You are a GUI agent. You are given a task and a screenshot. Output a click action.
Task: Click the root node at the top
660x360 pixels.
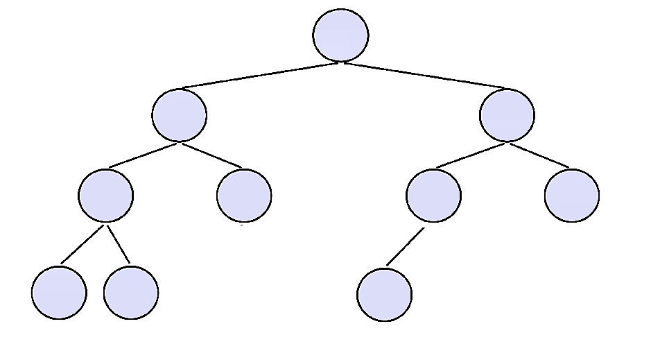pos(340,35)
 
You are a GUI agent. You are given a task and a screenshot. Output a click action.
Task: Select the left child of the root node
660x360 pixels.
pos(180,115)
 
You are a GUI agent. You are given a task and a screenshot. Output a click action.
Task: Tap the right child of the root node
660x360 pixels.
pos(507,115)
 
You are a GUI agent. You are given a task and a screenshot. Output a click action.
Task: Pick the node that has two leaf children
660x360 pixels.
pos(105,196)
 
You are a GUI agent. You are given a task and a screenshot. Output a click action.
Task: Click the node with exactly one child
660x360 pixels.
pos(433,196)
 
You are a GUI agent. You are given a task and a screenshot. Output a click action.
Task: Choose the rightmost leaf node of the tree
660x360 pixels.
pos(572,196)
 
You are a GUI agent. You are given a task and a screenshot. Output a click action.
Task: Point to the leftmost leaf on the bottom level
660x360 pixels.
pos(59,292)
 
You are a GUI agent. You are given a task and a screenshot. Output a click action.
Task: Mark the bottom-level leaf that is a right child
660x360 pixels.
pos(131,292)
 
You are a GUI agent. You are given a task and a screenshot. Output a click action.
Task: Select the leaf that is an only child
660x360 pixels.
pos(385,294)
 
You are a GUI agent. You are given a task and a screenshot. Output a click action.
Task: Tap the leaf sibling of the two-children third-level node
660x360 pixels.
pos(244,196)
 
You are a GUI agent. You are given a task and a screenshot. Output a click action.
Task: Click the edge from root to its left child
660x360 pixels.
pos(260,76)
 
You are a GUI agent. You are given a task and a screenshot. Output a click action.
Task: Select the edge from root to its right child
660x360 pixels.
pos(424,76)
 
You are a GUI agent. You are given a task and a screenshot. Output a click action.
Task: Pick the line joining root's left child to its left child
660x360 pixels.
pos(144,155)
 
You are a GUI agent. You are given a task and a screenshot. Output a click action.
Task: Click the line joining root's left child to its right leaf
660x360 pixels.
pos(211,155)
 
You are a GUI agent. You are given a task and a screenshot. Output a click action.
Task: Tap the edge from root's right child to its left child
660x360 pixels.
pos(471,155)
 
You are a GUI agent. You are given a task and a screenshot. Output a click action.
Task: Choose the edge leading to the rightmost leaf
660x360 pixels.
pos(539,155)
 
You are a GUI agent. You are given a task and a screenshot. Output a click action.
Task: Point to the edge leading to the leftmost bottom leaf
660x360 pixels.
pos(82,244)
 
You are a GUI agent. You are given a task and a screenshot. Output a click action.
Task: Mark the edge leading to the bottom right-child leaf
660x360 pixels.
pos(118,244)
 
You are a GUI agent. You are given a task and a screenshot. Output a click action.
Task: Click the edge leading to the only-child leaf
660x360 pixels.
pos(405,246)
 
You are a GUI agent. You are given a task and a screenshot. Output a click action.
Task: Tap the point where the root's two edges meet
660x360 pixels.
pos(340,63)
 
